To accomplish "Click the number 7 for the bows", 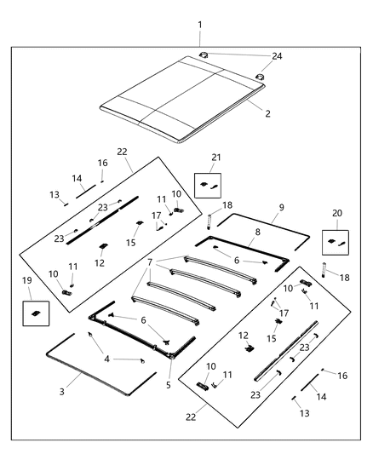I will coord(150,261).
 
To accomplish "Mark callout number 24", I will coord(276,55).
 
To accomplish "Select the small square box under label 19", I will coord(35,313).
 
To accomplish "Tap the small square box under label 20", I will coord(336,242).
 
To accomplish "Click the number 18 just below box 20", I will coord(344,279).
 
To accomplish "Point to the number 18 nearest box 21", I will coord(227,205).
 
